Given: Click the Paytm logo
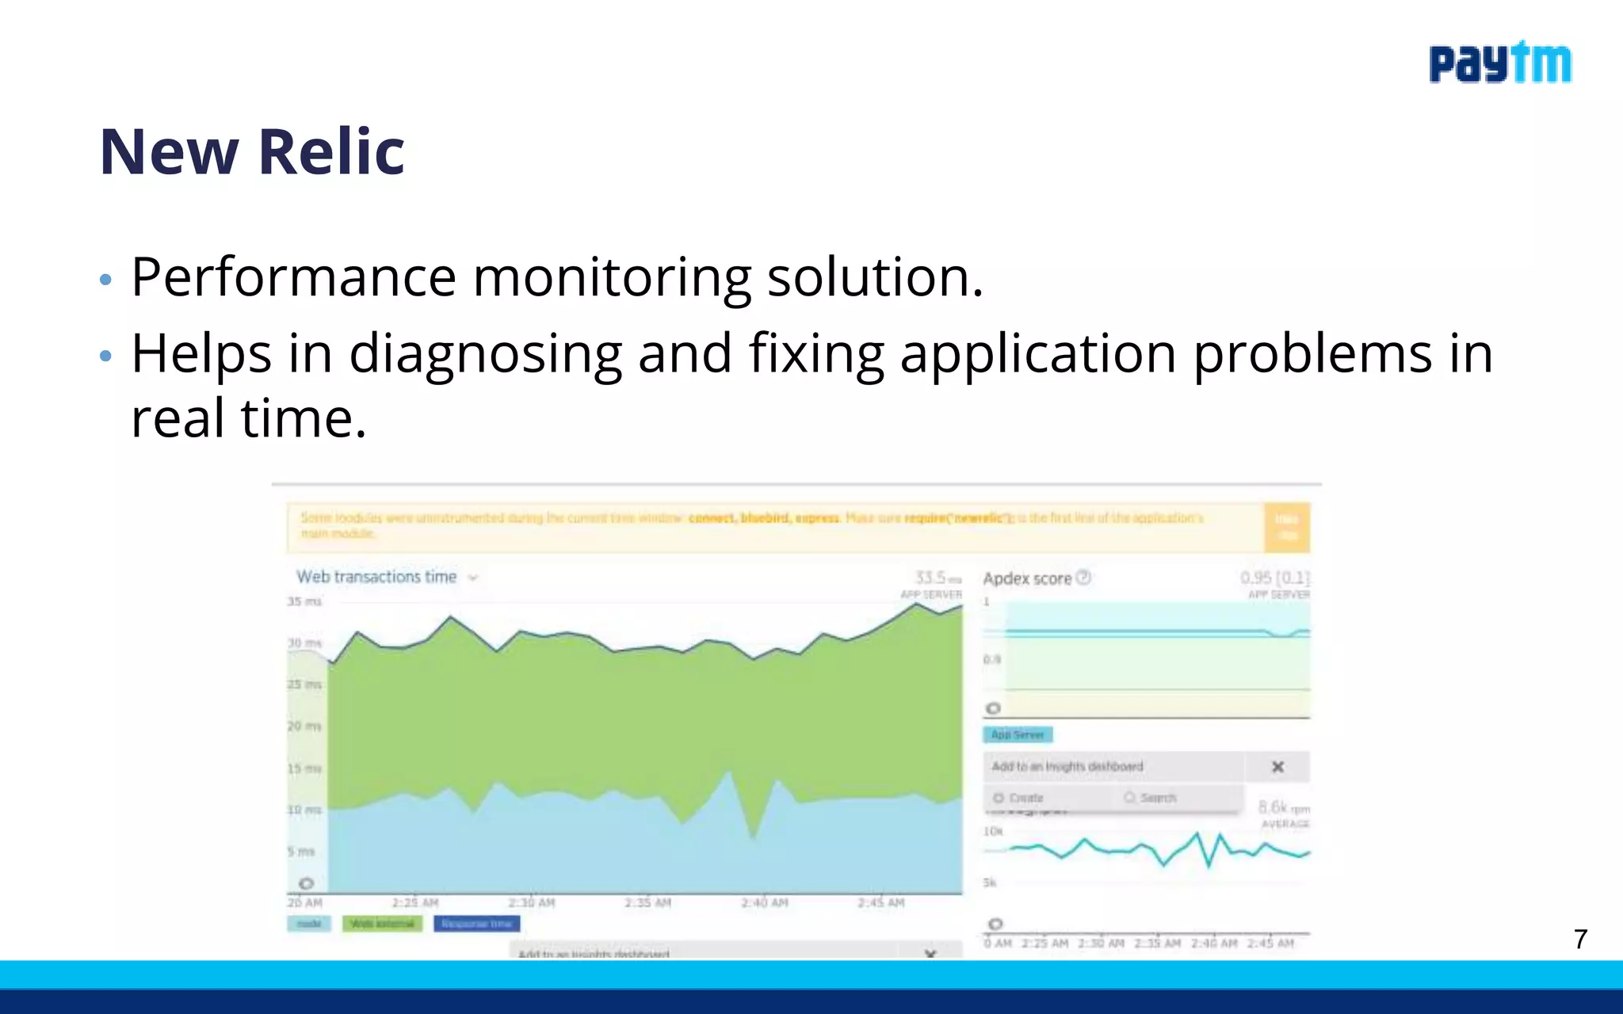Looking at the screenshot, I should [1499, 63].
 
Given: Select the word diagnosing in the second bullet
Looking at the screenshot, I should [485, 353].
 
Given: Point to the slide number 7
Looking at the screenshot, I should [1580, 940].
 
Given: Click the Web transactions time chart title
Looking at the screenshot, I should [377, 577].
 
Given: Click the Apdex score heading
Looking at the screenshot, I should [1027, 578].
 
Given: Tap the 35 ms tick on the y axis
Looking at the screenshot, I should [304, 601].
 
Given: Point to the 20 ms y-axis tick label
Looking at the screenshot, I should [304, 726].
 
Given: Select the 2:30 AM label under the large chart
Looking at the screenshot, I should [531, 902].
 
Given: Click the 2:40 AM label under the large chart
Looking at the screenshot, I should [764, 902].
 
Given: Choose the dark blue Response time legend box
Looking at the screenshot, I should [476, 924].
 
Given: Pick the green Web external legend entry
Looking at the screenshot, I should [382, 924].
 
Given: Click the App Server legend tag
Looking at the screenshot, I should [1018, 734].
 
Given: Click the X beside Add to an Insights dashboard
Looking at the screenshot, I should [1277, 767].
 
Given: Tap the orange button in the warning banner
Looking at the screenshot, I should [1286, 527].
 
